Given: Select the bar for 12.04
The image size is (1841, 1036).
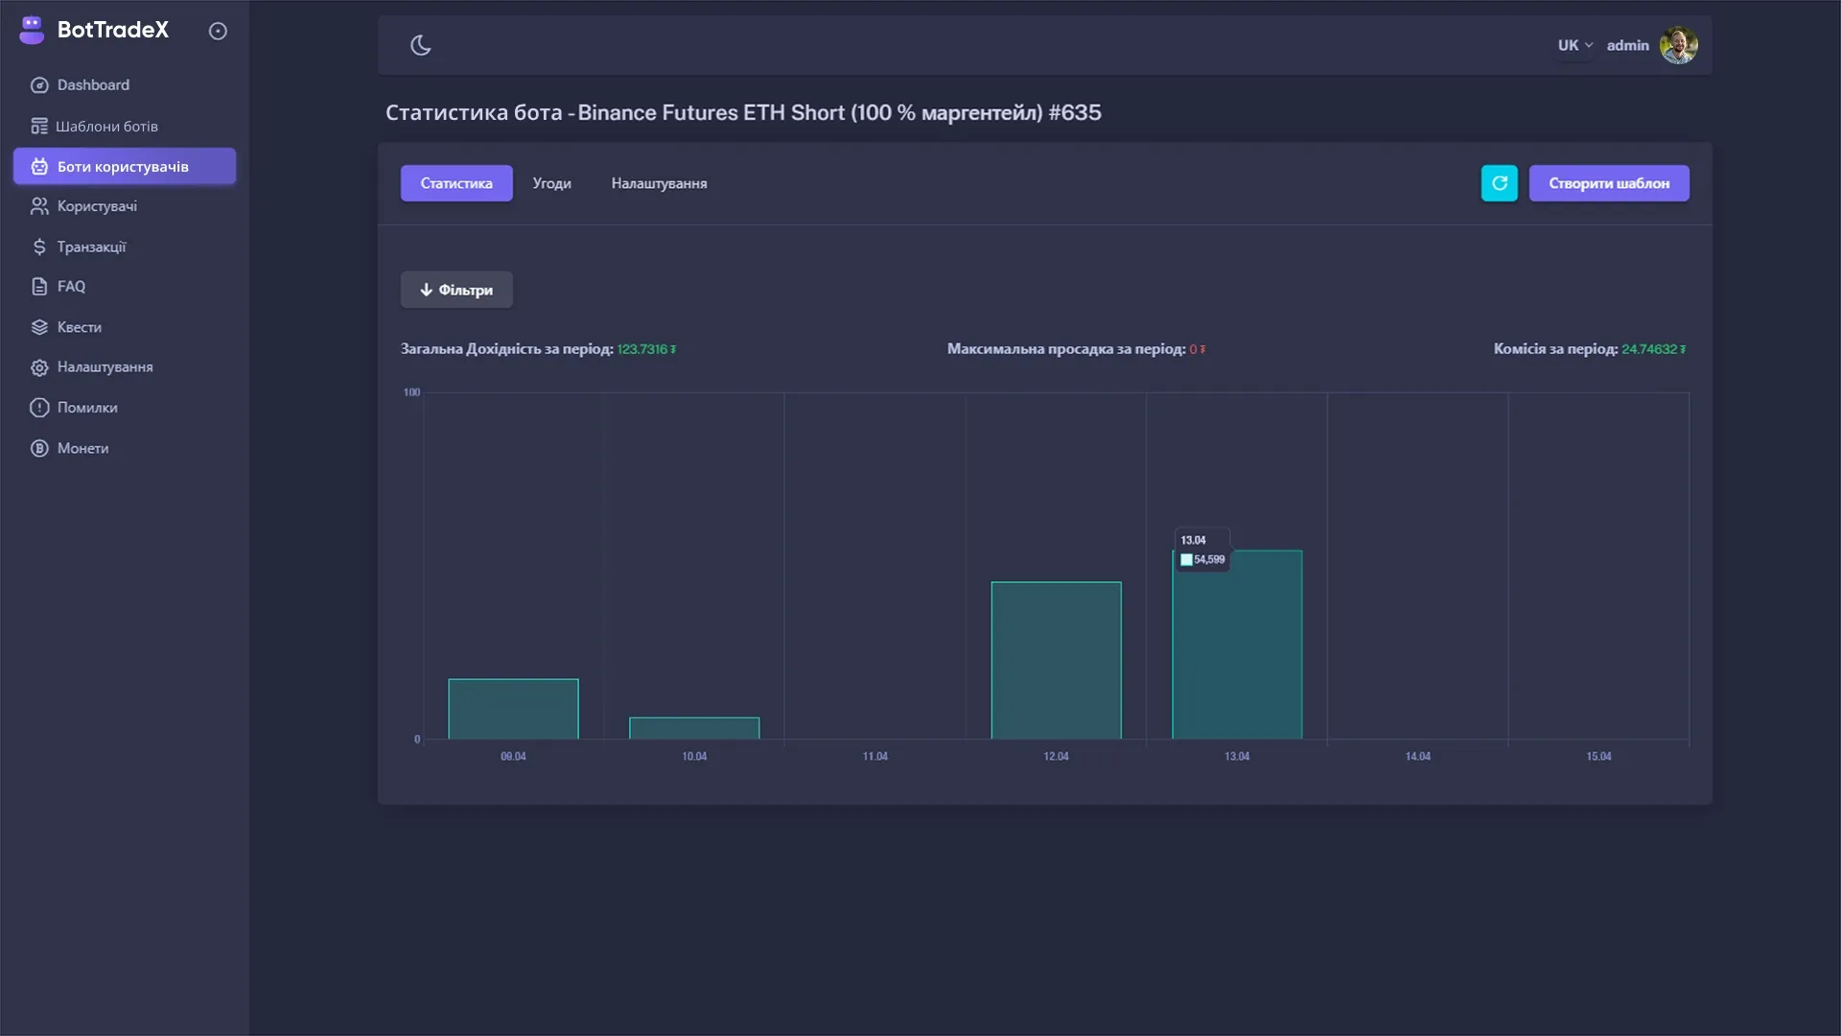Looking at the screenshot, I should click(1056, 660).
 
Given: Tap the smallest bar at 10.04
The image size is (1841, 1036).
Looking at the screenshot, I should click(694, 728).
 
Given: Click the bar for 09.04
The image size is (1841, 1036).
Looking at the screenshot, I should click(513, 709).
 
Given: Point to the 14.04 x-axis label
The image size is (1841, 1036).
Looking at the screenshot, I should click(1417, 757).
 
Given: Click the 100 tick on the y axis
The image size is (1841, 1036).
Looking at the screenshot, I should click(411, 392).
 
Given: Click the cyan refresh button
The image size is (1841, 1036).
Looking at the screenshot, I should click(1499, 183).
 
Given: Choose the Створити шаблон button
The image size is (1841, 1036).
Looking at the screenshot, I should click(1609, 183).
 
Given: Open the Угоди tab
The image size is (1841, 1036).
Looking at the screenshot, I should click(551, 183).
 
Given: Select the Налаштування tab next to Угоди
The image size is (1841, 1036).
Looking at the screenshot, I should click(659, 183).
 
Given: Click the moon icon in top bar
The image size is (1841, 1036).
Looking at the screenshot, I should click(421, 45).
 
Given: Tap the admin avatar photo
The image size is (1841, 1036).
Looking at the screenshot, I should click(1678, 45).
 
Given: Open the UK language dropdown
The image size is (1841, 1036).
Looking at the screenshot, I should click(1574, 45).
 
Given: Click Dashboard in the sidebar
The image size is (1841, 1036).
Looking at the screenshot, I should click(93, 85).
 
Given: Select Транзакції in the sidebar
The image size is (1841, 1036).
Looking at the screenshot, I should click(91, 247).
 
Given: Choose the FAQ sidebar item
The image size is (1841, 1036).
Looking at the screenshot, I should click(71, 287).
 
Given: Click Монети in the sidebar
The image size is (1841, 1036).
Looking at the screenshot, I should click(82, 448).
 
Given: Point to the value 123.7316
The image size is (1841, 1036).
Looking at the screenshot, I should click(642, 349).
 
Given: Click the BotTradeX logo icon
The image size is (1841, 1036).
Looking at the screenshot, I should click(32, 30).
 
